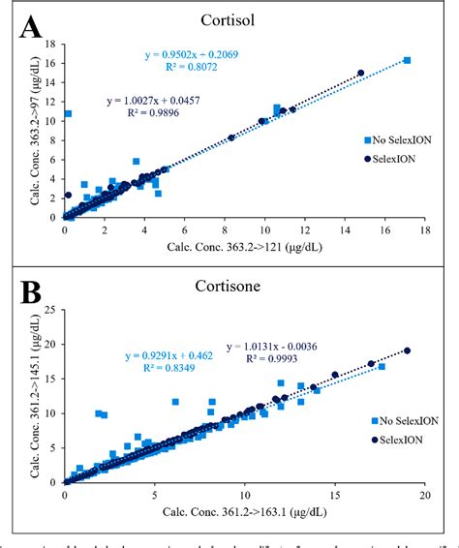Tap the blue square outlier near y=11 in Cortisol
(x=68, y=113)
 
